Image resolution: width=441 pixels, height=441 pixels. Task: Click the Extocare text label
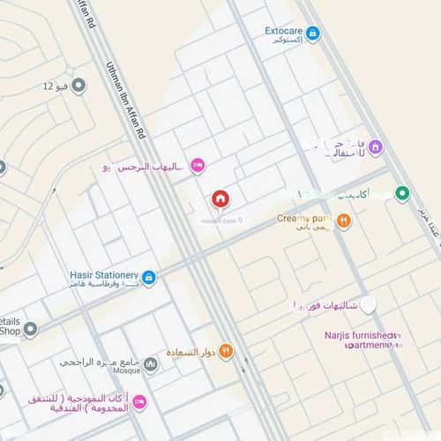[284, 31]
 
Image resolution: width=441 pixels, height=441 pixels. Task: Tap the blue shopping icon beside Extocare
[312, 34]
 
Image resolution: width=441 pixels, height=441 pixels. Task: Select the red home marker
[219, 199]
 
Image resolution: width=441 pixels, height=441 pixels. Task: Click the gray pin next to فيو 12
[78, 86]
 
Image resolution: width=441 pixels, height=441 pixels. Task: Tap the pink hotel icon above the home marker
[198, 165]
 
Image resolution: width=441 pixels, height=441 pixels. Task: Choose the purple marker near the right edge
[375, 146]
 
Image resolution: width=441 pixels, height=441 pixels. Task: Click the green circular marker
[402, 192]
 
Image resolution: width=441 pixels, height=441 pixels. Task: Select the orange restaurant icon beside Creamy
[344, 220]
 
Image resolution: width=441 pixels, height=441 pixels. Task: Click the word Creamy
[293, 218]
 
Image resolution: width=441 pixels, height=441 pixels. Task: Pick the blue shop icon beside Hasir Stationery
[149, 278]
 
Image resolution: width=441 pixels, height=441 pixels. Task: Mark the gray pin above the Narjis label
[369, 305]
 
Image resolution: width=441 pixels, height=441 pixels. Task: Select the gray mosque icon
[151, 363]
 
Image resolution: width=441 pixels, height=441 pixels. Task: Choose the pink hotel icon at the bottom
[139, 402]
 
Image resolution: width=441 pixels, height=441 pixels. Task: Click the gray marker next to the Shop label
[30, 330]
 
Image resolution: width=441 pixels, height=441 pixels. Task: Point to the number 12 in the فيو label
[49, 86]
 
